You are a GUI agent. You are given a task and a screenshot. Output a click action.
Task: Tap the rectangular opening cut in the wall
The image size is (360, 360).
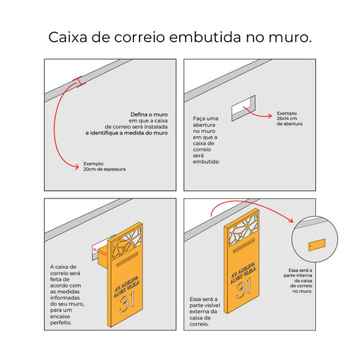(244, 110)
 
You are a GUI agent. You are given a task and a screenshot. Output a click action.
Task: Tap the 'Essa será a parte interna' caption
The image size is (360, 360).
(303, 281)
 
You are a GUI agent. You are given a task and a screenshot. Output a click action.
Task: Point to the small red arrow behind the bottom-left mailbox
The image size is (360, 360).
(98, 255)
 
